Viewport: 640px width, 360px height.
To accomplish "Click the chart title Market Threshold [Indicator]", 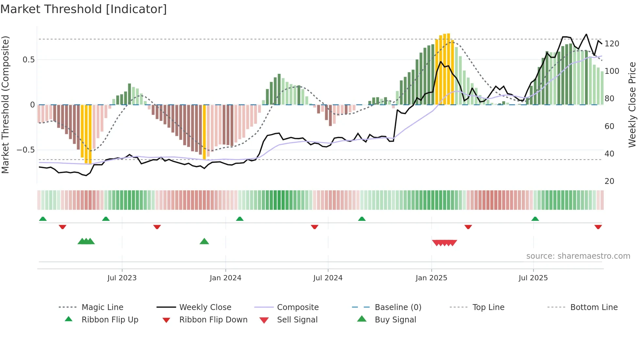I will (84, 9).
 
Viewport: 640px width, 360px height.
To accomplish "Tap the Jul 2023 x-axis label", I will (122, 278).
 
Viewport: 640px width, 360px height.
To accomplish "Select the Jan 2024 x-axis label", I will (225, 278).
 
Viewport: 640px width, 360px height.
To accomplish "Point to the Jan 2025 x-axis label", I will (431, 278).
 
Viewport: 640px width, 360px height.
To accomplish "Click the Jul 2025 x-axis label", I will (533, 278).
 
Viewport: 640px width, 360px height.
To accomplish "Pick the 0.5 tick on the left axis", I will (28, 60).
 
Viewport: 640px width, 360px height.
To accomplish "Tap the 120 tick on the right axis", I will (612, 44).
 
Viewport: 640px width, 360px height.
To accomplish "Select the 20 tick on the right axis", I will (609, 181).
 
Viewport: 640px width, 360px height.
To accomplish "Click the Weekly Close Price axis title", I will (632, 105).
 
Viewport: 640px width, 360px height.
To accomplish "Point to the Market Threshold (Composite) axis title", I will (5, 105).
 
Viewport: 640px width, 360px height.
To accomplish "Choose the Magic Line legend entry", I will (102, 307).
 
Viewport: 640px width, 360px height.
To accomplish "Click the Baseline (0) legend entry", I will (398, 307).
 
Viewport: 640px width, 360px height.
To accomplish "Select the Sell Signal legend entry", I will (297, 320).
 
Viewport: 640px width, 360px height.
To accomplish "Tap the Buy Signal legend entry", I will (395, 320).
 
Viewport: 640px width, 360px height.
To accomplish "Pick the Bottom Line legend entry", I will (594, 307).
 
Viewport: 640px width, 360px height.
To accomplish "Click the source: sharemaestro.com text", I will (578, 256).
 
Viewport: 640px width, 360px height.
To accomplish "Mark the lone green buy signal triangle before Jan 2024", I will (204, 242).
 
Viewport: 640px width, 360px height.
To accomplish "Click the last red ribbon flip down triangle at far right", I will (598, 227).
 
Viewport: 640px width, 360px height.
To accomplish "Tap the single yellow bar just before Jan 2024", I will (204, 132).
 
